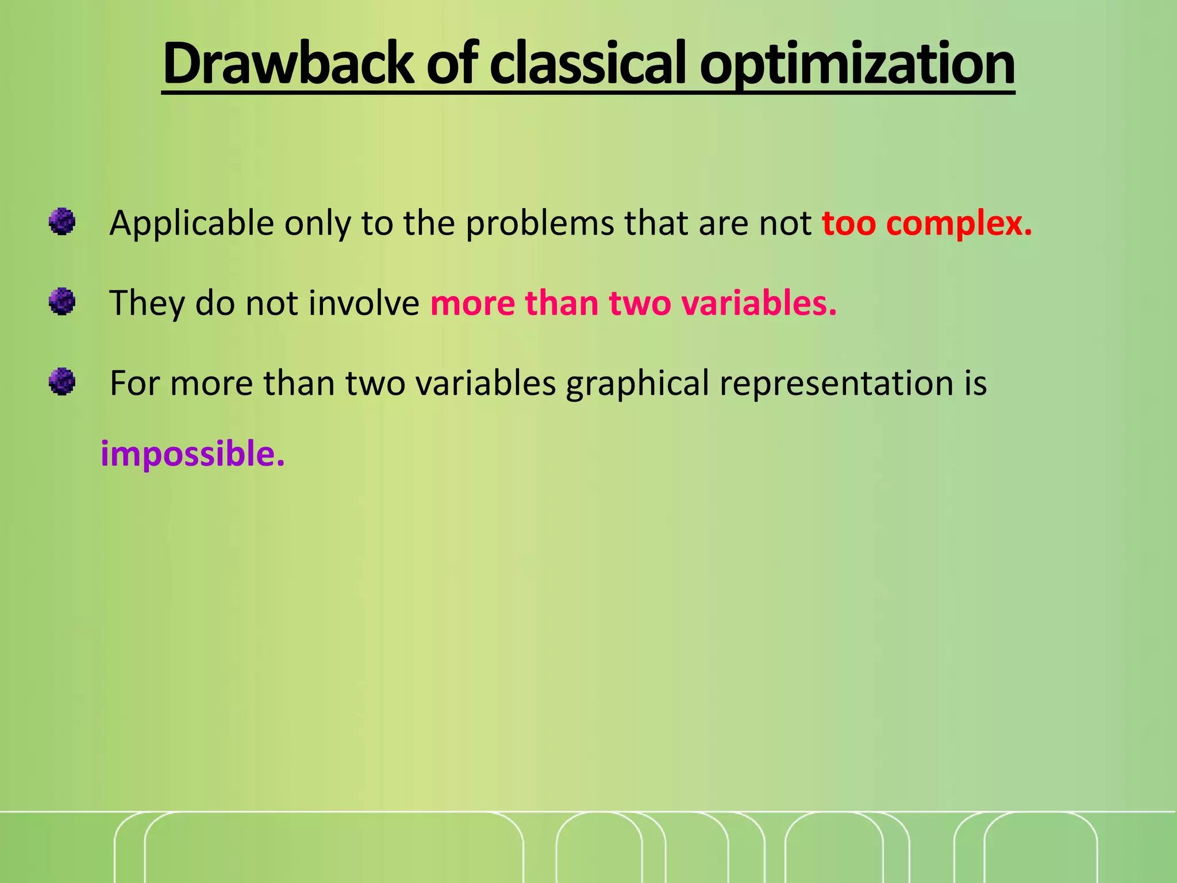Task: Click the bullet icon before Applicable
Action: (62, 222)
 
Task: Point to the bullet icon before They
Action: (62, 302)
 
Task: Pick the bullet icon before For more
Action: (62, 382)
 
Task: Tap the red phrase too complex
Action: (926, 223)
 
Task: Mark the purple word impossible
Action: (193, 454)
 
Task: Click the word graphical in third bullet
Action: (637, 384)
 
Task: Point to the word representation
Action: (836, 383)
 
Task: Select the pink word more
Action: (472, 303)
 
